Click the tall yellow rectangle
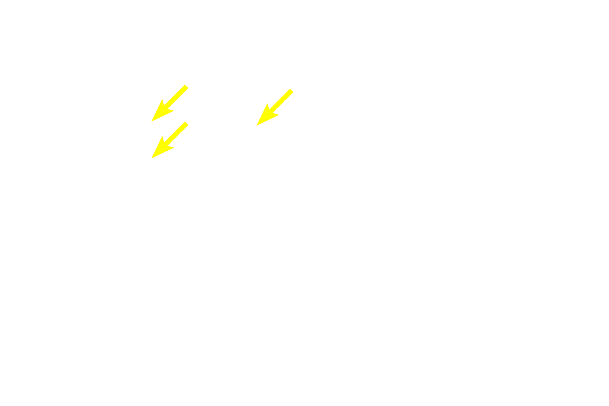coord(170,121)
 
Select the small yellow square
coord(275,107)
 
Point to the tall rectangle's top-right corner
coord(189,85)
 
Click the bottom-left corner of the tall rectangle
coord(151,158)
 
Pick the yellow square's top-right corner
coord(293,88)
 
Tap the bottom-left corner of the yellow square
coord(256,126)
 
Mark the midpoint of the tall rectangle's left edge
coord(151,121)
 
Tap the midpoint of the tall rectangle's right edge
coord(189,121)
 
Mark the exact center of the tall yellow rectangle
coord(170,121)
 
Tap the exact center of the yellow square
coord(275,107)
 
